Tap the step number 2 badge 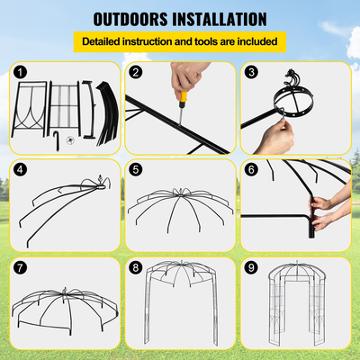(x=136, y=71)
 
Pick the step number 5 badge (x=136, y=168)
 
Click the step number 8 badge (x=136, y=266)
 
